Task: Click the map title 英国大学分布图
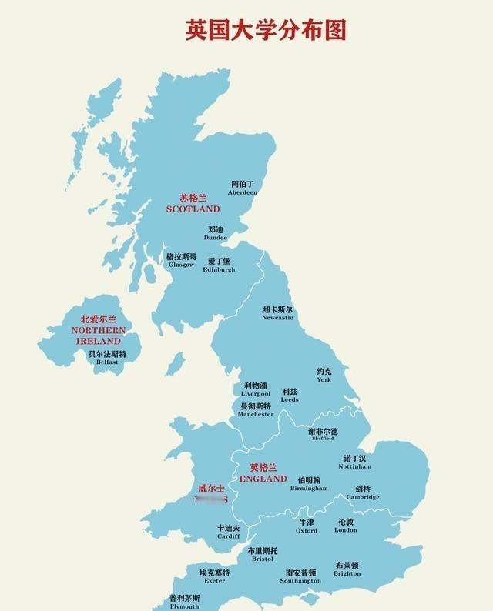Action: pyautogui.click(x=266, y=29)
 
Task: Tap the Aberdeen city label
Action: pyautogui.click(x=243, y=189)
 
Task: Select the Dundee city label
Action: pyautogui.click(x=215, y=233)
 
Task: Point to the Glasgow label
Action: pyautogui.click(x=181, y=261)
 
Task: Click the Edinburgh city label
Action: pyautogui.click(x=219, y=265)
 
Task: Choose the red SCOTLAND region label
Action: pyautogui.click(x=193, y=203)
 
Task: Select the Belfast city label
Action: pyautogui.click(x=107, y=358)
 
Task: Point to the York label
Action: pyautogui.click(x=324, y=376)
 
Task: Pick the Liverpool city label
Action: pyautogui.click(x=256, y=389)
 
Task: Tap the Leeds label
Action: pyautogui.click(x=290, y=396)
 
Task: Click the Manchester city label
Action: pyautogui.click(x=256, y=409)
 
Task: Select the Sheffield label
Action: pyautogui.click(x=323, y=435)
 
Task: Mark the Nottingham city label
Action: pyautogui.click(x=354, y=462)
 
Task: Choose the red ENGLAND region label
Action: pyautogui.click(x=263, y=473)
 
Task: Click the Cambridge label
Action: pyautogui.click(x=363, y=492)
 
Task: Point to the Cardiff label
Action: pyautogui.click(x=228, y=532)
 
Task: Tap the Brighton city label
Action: pyautogui.click(x=347, y=569)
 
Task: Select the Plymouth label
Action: pyautogui.click(x=184, y=602)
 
